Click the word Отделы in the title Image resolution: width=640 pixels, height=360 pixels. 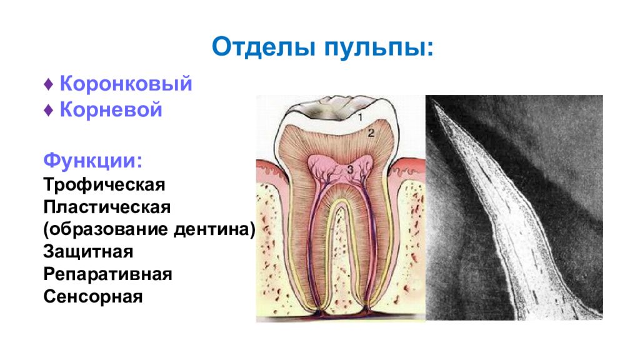coord(264,46)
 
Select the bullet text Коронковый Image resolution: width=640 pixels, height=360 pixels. coord(126,84)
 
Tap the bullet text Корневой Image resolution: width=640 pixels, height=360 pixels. coord(111,109)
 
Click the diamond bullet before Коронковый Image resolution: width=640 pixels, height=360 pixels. coord(49,84)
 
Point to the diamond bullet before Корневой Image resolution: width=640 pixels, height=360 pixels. coord(49,110)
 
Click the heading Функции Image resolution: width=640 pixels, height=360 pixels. coord(92,161)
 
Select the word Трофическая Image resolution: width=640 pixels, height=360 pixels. coord(104,184)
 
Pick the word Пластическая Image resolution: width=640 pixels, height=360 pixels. coord(107,207)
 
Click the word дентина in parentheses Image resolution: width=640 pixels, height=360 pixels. coord(215,229)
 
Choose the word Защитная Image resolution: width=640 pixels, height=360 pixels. coord(88,252)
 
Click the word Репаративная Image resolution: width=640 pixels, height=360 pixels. coord(107,274)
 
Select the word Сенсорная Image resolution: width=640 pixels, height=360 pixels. coord(93,296)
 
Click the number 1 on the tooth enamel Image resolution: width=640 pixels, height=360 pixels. coord(360,118)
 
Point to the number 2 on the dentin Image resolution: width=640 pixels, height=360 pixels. coord(371,132)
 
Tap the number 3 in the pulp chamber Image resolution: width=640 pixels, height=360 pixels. coord(350,169)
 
